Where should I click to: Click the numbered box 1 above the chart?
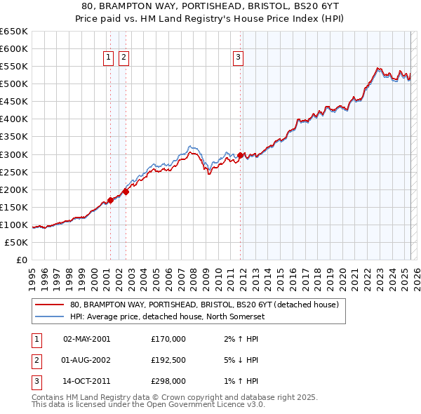point(109,58)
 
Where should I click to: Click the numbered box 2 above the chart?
point(123,58)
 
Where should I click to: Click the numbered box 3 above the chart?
point(239,58)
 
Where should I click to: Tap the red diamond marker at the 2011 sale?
point(241,155)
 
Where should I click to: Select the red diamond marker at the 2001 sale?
point(110,200)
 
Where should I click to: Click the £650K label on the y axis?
point(14,32)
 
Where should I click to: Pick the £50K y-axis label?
point(17,243)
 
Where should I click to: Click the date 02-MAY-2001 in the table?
point(87,339)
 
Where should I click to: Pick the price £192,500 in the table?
point(168,361)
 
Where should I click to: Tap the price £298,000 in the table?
point(168,382)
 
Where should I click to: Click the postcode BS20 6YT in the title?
point(315,6)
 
